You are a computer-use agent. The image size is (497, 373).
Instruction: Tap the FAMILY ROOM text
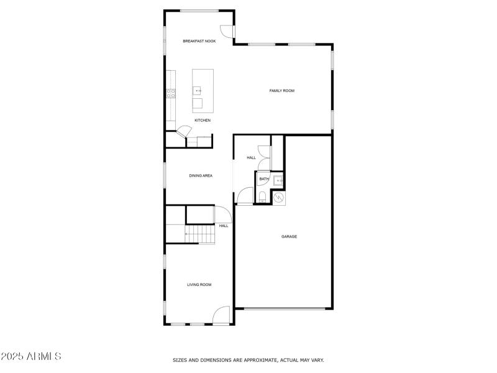pos(281,91)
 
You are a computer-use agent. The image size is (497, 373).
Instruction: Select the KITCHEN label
pos(203,120)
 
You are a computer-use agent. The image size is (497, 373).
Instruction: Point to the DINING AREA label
pos(201,176)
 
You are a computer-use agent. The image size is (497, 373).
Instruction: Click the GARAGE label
pos(289,236)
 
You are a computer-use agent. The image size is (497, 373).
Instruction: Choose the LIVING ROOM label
pos(199,285)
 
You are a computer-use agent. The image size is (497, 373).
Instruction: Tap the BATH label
pos(264,179)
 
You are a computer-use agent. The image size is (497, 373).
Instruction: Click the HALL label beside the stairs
pos(223,226)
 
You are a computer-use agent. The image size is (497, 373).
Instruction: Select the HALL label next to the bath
pos(251,158)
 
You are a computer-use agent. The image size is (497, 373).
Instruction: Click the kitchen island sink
pos(198,91)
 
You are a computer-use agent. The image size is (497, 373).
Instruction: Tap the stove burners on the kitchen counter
pos(170,94)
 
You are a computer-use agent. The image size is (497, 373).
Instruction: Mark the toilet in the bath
pos(263,198)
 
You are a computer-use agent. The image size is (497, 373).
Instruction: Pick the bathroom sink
pos(279,180)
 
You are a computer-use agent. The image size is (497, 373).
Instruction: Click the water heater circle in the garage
pos(279,197)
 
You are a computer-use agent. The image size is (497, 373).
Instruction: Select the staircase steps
pos(199,234)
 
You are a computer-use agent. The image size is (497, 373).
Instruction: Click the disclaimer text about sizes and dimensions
pos(248,360)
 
